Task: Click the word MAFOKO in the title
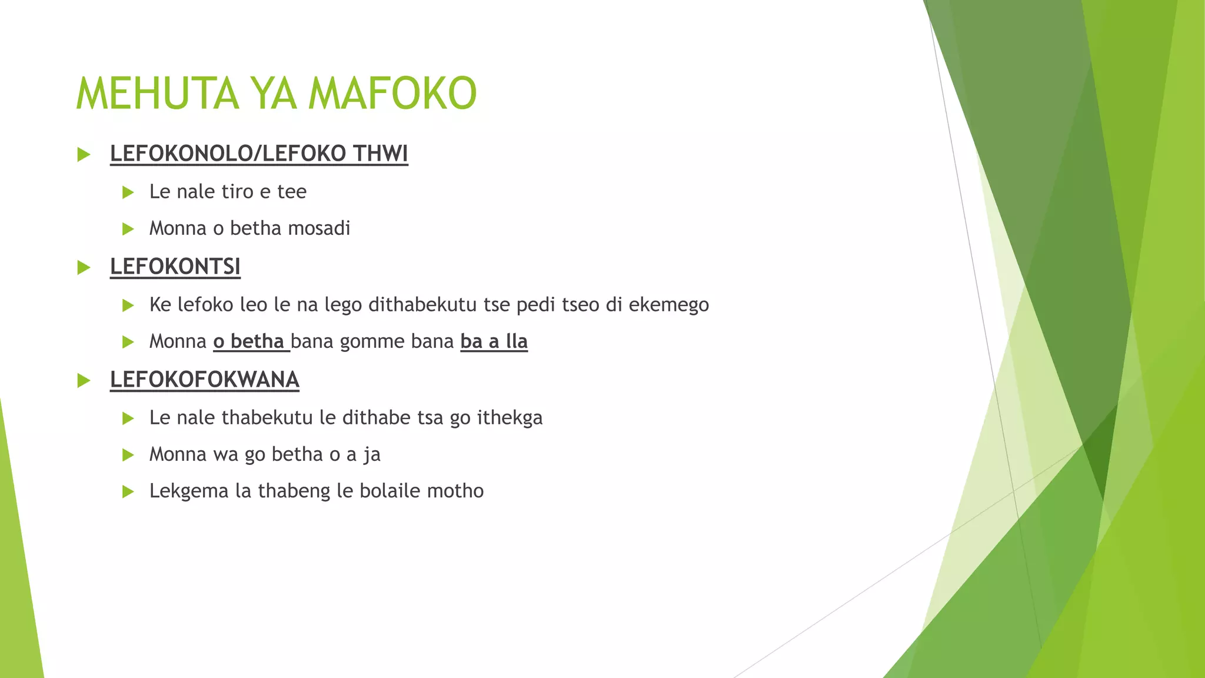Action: [x=392, y=94]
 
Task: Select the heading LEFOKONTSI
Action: [x=175, y=267]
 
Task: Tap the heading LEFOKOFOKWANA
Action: [x=205, y=380]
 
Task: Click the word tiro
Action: [x=237, y=192]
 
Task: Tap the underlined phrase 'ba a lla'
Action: [x=494, y=341]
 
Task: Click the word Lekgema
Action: [x=189, y=491]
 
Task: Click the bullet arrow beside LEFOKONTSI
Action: [x=84, y=268]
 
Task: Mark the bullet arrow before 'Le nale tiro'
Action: [x=128, y=192]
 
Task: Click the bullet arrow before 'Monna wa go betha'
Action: [x=128, y=455]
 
